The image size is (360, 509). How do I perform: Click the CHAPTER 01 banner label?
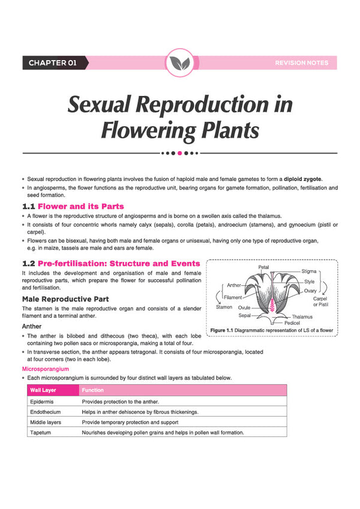[52, 63]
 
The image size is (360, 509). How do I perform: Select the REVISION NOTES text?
[302, 63]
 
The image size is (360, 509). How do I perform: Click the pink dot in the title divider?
[179, 153]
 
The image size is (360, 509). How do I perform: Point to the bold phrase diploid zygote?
[302, 179]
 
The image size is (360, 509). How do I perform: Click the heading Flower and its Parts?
[80, 206]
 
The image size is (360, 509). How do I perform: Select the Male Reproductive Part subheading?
[65, 299]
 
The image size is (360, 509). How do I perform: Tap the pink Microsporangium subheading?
[46, 369]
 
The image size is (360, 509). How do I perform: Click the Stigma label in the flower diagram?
[308, 271]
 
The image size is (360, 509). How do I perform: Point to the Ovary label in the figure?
[310, 291]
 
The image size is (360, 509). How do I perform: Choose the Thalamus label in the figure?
[302, 317]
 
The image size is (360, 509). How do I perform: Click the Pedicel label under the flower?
[292, 323]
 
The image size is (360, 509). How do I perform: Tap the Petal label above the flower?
[263, 267]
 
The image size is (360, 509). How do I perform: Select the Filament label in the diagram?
[233, 297]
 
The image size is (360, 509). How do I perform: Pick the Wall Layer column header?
[43, 390]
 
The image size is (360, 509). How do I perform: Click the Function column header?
[92, 390]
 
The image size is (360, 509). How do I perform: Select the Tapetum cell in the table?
[40, 432]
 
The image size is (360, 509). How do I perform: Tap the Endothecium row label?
[45, 412]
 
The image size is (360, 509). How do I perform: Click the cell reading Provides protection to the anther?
[120, 402]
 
